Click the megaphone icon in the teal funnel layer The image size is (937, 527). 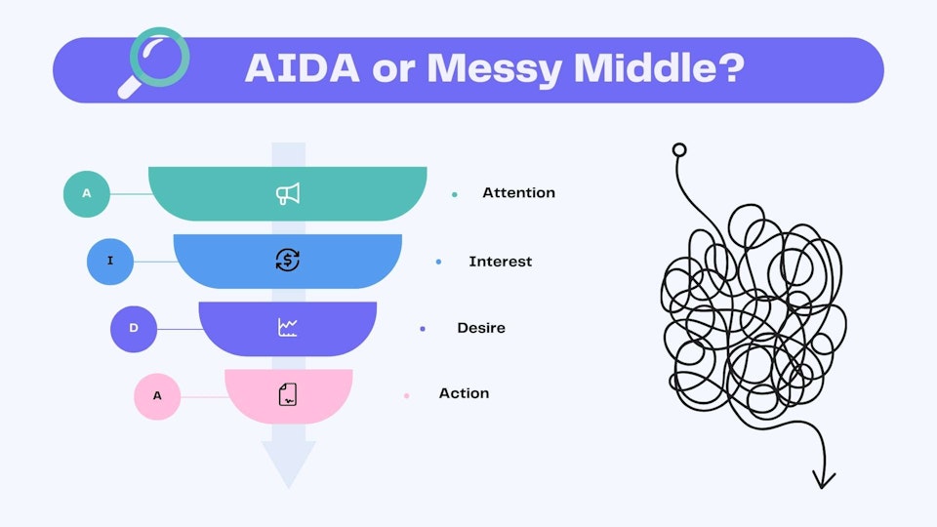pyautogui.click(x=287, y=194)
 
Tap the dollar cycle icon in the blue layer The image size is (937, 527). pyautogui.click(x=287, y=261)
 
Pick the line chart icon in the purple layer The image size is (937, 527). pyautogui.click(x=287, y=328)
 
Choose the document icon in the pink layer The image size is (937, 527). pyautogui.click(x=287, y=394)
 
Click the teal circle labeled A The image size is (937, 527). pyautogui.click(x=87, y=193)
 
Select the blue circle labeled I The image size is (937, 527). pyautogui.click(x=110, y=262)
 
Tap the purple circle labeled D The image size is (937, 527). pyautogui.click(x=134, y=329)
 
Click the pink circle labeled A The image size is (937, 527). pyautogui.click(x=157, y=396)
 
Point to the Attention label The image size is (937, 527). pyautogui.click(x=518, y=193)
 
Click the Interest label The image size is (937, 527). pyautogui.click(x=500, y=262)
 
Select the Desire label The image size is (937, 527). pyautogui.click(x=481, y=328)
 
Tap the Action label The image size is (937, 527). pyautogui.click(x=464, y=393)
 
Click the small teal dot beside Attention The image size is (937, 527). pyautogui.click(x=454, y=194)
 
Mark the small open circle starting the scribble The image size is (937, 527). pyautogui.click(x=679, y=150)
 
